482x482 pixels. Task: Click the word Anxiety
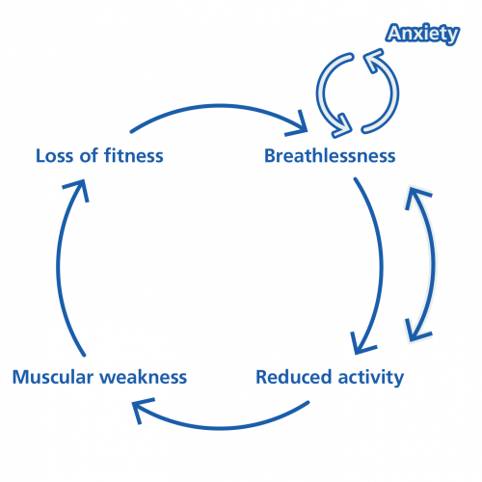(x=422, y=34)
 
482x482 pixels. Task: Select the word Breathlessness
(x=330, y=156)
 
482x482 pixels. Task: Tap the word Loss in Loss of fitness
(x=54, y=156)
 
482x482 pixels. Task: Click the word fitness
(x=134, y=155)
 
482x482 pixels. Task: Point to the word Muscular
(x=53, y=377)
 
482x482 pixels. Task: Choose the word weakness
(x=144, y=377)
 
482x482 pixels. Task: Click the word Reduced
(x=293, y=377)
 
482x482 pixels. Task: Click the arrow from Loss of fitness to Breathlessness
(x=220, y=106)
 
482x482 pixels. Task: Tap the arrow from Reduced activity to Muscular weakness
(x=222, y=428)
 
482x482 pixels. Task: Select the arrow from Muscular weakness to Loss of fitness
(x=59, y=267)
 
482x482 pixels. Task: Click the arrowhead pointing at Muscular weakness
(x=141, y=408)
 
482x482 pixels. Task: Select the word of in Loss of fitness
(x=89, y=155)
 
